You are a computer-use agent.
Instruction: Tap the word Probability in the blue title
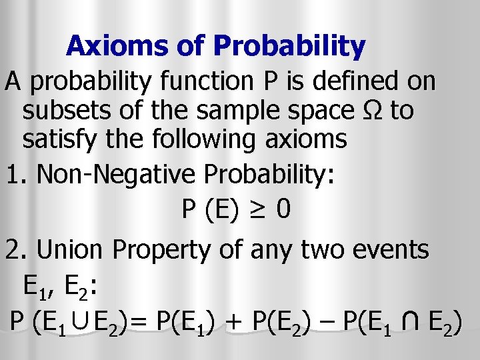coord(289,47)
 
